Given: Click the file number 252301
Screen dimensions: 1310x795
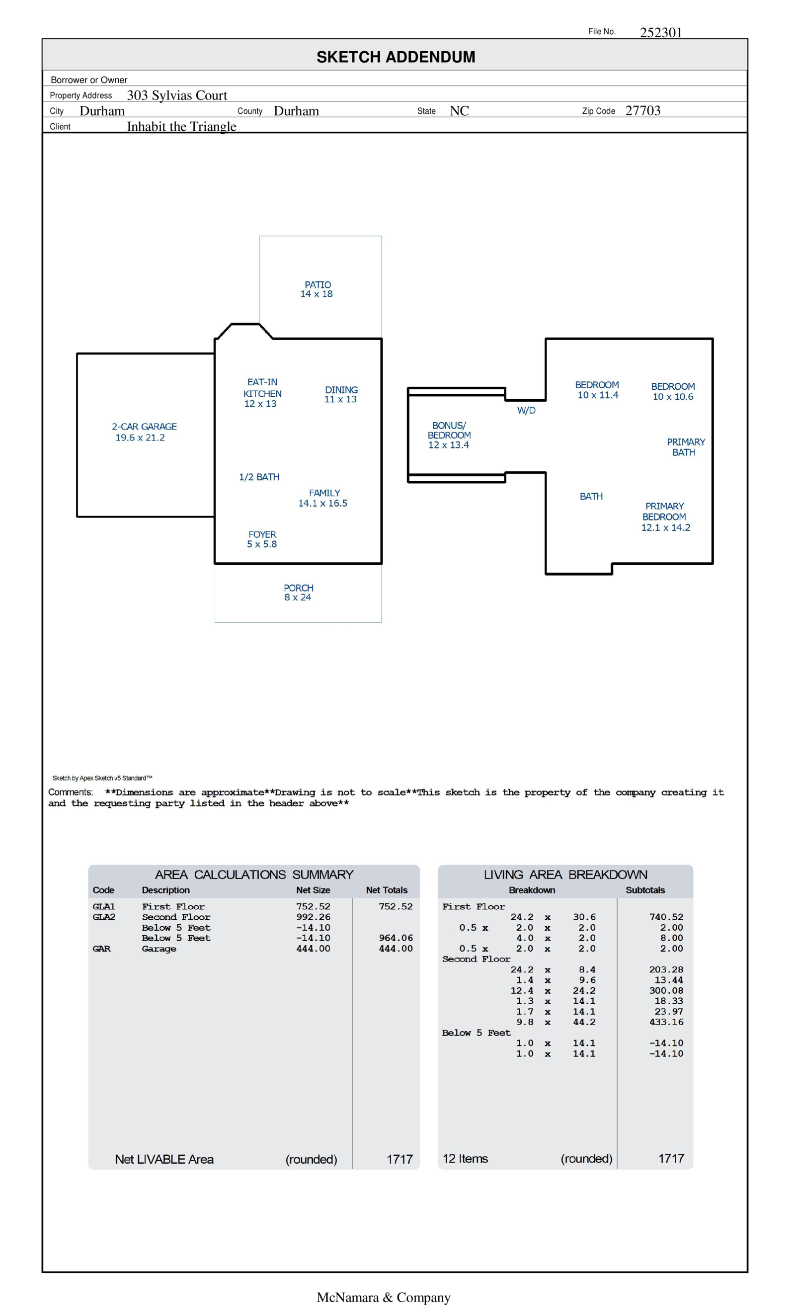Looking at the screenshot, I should [x=660, y=32].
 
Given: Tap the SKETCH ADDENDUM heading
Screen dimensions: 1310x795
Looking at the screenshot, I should [x=396, y=57].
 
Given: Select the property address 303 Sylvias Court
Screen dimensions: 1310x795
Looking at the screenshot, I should [x=176, y=95].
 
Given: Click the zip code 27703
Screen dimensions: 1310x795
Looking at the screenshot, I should [x=642, y=110].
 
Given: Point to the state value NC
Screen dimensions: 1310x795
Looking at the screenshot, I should [x=459, y=110].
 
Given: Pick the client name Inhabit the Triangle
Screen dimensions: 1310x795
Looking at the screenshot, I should [x=181, y=127].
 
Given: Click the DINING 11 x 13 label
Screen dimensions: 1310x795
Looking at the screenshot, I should [x=341, y=394].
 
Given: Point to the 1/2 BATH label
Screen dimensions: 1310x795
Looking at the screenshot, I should [x=259, y=477].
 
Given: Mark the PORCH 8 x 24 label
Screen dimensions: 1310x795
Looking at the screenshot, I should [x=298, y=592].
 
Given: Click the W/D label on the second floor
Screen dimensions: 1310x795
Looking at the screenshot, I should [x=526, y=411].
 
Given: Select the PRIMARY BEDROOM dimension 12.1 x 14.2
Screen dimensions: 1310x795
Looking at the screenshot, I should [x=665, y=527].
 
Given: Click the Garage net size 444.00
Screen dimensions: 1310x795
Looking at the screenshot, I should [x=313, y=949].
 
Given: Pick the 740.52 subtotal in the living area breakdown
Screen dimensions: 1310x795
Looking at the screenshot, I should [x=666, y=917].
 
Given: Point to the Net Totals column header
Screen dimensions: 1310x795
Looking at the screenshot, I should [x=387, y=890].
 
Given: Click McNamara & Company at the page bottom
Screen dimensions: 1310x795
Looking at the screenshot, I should [x=383, y=1297].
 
